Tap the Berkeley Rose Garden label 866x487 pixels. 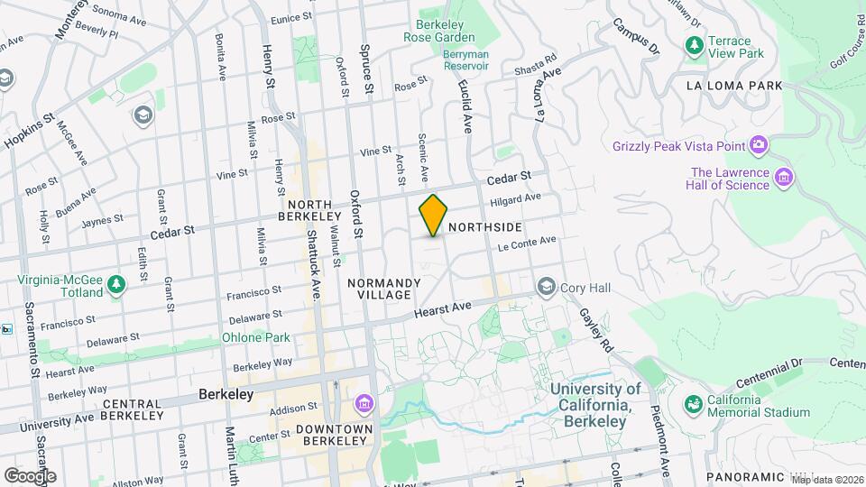click(445, 31)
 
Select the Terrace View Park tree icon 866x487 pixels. click(694, 44)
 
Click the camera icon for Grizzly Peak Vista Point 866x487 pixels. click(759, 145)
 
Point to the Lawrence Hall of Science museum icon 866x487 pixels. click(784, 178)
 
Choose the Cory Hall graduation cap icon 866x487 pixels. click(546, 287)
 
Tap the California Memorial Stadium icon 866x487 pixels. click(694, 405)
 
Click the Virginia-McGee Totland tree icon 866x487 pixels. click(115, 286)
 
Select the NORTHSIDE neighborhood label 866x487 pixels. click(484, 227)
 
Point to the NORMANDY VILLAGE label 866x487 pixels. click(384, 289)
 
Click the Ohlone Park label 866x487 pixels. click(255, 337)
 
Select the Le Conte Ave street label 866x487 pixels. click(526, 243)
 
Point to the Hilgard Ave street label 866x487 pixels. click(515, 199)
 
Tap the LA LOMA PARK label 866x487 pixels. click(732, 86)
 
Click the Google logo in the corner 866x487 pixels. click(30, 476)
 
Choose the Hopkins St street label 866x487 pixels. click(29, 132)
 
